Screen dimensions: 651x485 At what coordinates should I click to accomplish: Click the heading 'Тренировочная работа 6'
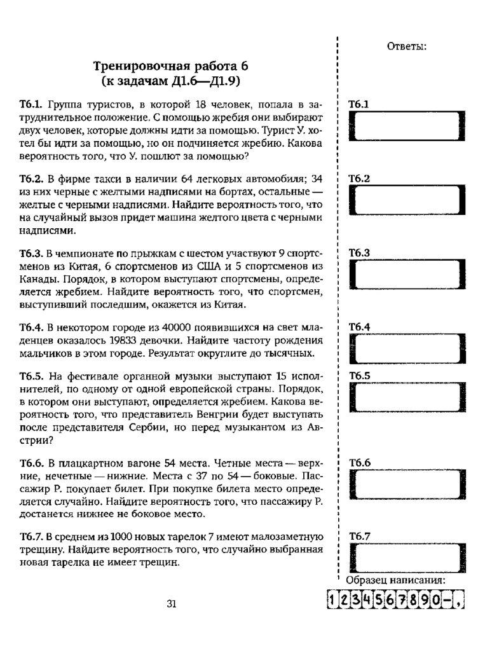click(171, 65)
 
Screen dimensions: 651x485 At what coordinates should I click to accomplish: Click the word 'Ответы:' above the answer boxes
click(406, 46)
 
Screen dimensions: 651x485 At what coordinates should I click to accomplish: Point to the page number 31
click(171, 604)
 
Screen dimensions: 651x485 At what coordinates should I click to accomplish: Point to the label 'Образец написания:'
click(395, 580)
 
